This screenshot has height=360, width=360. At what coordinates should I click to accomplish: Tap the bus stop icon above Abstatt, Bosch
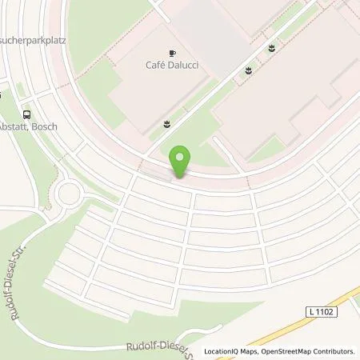[27, 115]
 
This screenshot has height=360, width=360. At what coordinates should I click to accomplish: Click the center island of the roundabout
[69, 194]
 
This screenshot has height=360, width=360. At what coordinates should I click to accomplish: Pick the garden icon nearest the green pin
[166, 122]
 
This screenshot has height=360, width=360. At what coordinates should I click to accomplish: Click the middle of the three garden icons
[249, 71]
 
